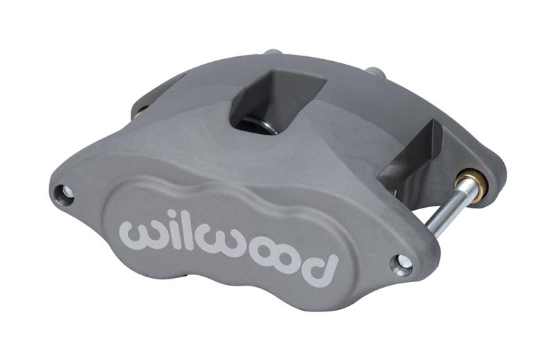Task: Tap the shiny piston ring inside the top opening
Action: coord(268,124)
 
